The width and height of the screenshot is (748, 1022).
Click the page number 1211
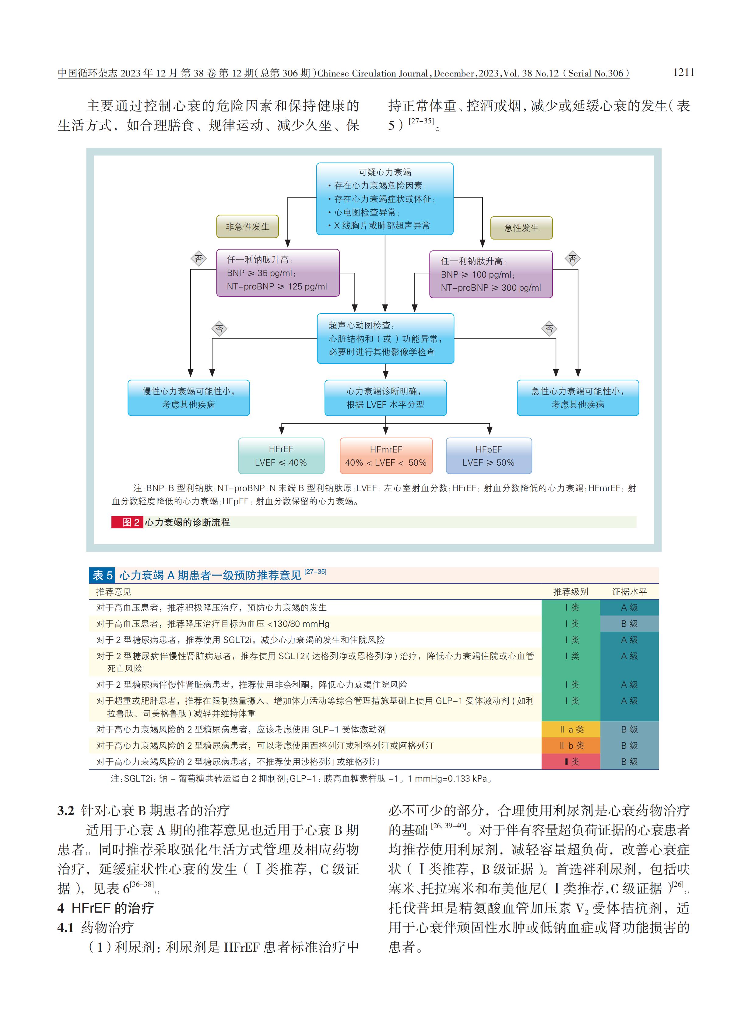coord(683,73)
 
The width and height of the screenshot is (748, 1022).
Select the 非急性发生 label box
coord(247,227)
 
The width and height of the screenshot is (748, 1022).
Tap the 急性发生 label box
coord(521,228)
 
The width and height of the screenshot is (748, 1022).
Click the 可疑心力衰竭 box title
coord(385,172)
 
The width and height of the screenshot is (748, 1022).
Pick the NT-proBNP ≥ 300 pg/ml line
coord(491,288)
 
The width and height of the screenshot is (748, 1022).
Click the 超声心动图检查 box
coord(385,339)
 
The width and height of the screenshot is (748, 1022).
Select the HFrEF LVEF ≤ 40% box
coord(281,456)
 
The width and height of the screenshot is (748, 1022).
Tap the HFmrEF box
coord(386,456)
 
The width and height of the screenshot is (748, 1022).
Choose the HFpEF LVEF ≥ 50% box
coord(489,456)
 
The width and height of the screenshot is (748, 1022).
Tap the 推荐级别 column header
coord(571,591)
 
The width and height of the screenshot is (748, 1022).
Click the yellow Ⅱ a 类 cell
coord(571,729)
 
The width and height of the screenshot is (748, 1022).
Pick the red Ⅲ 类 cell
coord(571,762)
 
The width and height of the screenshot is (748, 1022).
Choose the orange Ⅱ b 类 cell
coord(571,746)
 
